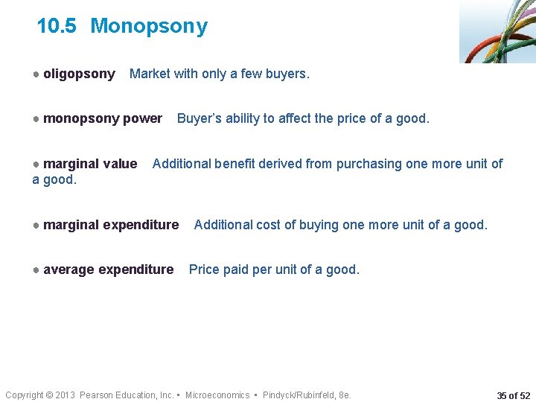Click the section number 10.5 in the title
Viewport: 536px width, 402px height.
pyautogui.click(x=56, y=27)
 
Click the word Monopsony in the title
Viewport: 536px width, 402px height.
pyautogui.click(x=149, y=27)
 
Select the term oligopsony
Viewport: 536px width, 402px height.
pyautogui.click(x=79, y=74)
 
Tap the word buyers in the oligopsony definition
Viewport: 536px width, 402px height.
pyautogui.click(x=286, y=74)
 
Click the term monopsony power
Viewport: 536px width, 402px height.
pyautogui.click(x=102, y=118)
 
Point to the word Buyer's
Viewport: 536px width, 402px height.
pyautogui.click(x=200, y=118)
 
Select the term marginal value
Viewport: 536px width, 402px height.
pyautogui.click(x=90, y=164)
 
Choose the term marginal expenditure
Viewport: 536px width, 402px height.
pyautogui.click(x=111, y=225)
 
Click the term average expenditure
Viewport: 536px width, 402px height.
pyautogui.click(x=108, y=269)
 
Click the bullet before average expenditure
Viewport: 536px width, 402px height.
pyautogui.click(x=36, y=269)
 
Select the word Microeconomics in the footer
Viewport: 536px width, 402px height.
pyautogui.click(x=217, y=395)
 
